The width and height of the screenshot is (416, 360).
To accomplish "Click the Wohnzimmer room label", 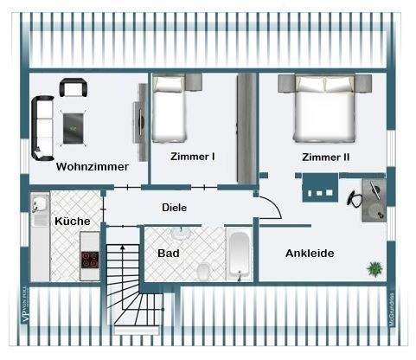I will pyautogui.click(x=93, y=166).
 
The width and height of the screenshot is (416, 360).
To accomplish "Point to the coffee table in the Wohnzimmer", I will pyautogui.click(x=74, y=126).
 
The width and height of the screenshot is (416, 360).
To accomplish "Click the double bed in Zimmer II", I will pyautogui.click(x=325, y=108).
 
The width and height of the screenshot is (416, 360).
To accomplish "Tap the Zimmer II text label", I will pyautogui.click(x=325, y=157).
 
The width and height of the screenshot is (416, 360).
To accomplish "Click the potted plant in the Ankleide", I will pyautogui.click(x=374, y=268).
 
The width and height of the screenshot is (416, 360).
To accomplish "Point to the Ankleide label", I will pyautogui.click(x=310, y=253).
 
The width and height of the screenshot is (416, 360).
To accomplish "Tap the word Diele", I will pyautogui.click(x=175, y=208).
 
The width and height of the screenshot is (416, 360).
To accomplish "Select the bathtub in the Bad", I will pyautogui.click(x=239, y=254).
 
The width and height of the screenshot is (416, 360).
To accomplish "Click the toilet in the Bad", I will pyautogui.click(x=203, y=271).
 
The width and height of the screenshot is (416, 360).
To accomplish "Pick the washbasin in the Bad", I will pyautogui.click(x=181, y=234).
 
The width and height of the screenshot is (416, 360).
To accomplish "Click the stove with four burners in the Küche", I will pyautogui.click(x=90, y=261).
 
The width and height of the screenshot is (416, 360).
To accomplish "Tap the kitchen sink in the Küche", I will pyautogui.click(x=40, y=207).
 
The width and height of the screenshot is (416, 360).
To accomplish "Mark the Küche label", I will pyautogui.click(x=73, y=222).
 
